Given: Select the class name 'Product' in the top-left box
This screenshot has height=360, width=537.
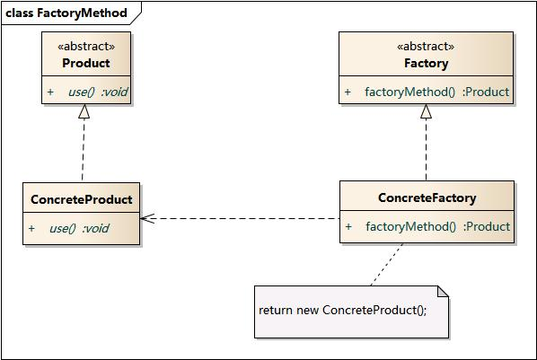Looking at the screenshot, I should click(86, 63).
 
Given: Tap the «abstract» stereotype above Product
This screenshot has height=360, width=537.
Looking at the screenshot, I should click(86, 45).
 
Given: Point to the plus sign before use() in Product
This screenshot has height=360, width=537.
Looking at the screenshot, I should click(50, 92).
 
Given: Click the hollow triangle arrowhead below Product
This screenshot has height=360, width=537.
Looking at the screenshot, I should click(84, 111).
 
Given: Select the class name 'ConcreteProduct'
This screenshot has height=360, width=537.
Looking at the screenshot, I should click(81, 199).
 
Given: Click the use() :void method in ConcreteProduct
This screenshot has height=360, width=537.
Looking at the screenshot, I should click(79, 228).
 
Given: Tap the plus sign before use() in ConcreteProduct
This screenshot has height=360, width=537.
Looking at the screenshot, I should click(31, 228).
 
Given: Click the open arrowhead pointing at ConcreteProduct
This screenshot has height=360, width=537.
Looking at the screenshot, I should click(147, 218).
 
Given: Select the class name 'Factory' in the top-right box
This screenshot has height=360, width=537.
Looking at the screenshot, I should click(426, 63).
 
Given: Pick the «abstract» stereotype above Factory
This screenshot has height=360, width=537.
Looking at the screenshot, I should click(426, 46).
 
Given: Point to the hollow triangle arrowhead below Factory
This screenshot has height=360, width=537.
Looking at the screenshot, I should click(426, 111).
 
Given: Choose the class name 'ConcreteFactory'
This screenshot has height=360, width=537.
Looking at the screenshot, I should click(427, 198).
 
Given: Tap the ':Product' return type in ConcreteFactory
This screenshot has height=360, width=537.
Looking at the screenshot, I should click(486, 226).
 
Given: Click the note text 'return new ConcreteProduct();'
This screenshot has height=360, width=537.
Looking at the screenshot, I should click(342, 310).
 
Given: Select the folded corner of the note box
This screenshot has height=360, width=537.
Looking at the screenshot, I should click(442, 291).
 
